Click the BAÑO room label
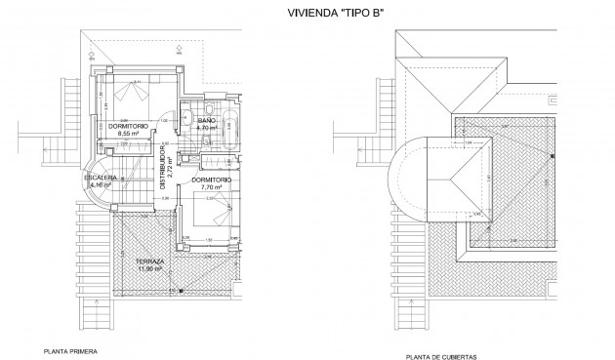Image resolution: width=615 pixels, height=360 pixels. tap(206, 119)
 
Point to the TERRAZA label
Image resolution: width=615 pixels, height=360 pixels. tap(151, 262)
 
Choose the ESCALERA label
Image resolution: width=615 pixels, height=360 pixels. tap(104, 177)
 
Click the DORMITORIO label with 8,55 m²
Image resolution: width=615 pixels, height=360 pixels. tap(129, 126)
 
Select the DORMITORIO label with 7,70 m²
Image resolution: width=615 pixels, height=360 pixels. tap(211, 180)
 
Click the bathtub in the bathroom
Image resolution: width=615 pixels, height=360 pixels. tap(228, 131)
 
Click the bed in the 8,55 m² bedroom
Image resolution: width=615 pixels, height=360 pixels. tap(128, 95)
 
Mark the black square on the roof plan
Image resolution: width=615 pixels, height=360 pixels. tap(552, 156)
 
